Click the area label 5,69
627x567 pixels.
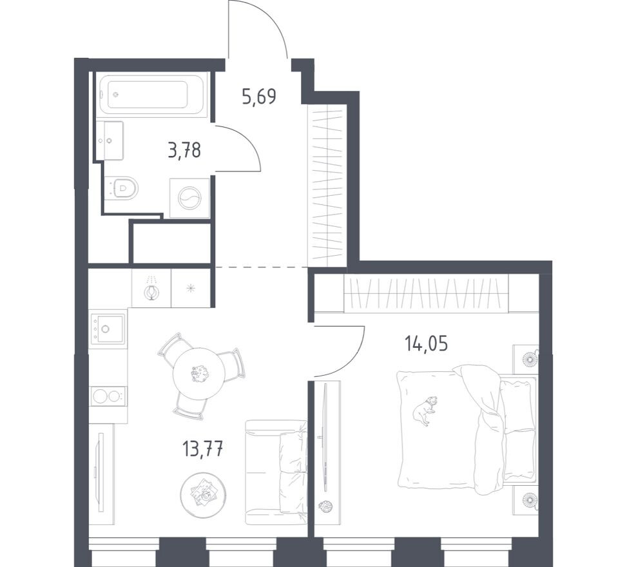click(x=259, y=97)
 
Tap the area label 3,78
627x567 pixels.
click(x=184, y=151)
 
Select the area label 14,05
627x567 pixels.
click(x=426, y=343)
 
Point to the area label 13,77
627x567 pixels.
click(x=203, y=448)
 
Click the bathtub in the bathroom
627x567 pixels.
click(x=153, y=94)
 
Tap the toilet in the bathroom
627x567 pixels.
click(x=122, y=187)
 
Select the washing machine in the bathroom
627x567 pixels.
click(x=189, y=198)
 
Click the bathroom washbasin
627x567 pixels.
click(x=110, y=139)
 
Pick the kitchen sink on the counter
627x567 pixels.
click(x=108, y=329)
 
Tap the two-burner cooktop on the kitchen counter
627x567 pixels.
click(x=108, y=396)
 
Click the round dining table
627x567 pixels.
click(x=199, y=374)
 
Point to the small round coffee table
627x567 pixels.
click(x=204, y=494)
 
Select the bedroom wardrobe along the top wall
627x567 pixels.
click(x=426, y=293)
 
